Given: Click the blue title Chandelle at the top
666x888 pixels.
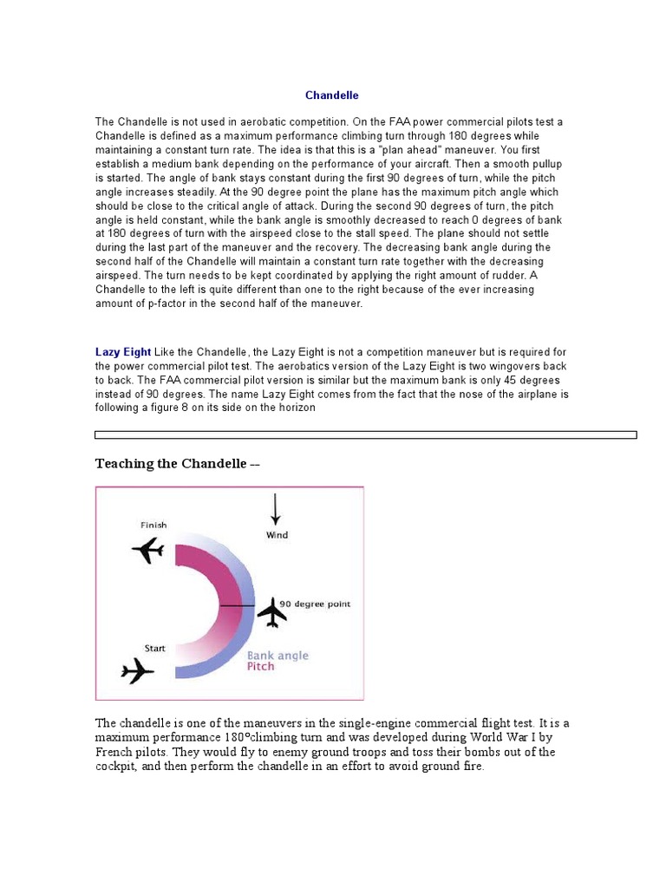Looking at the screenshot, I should pos(331,95).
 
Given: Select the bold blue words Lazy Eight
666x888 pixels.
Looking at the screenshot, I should pos(123,352).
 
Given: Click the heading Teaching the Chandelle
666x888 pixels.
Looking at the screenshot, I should pos(177,464).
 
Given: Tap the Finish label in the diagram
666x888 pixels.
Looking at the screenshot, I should pos(153,525).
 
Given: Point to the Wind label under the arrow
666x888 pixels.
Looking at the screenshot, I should pos(277,536).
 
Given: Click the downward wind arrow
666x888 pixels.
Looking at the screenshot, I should pos(276,510).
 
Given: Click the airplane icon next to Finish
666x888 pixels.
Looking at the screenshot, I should pos(148,549).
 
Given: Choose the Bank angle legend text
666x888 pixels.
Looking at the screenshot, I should pos(277,656).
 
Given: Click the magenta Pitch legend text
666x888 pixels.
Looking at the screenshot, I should pos(260,667).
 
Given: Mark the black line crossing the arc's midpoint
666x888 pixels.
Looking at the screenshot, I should pos(237,605).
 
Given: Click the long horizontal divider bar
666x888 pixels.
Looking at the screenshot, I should pos(365,435).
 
